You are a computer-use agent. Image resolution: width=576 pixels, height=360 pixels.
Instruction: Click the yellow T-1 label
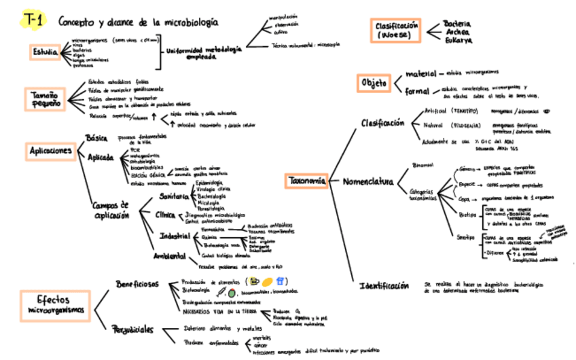point(31,21)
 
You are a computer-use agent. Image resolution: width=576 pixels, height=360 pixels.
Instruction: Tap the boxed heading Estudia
point(46,52)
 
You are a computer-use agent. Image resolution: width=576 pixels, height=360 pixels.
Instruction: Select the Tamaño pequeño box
point(45,99)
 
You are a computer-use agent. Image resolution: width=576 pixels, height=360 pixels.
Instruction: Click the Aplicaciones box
point(50,151)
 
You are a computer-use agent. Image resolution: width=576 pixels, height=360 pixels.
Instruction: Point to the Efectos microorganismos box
point(52,304)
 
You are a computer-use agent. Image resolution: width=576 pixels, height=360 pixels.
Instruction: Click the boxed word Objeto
point(374,83)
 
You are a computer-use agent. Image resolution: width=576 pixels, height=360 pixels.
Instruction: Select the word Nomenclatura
point(367,182)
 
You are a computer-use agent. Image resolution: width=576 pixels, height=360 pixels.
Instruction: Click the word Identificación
point(384,285)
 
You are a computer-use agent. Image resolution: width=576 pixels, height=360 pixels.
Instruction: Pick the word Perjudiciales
point(132,330)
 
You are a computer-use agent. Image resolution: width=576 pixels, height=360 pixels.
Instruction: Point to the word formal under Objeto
point(417,90)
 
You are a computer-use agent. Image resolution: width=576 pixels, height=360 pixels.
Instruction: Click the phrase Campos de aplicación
point(111,209)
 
